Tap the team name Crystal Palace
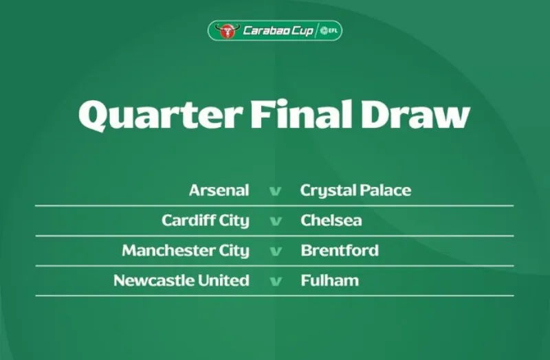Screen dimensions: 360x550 click(355, 190)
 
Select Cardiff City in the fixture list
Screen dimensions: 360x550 click(205, 221)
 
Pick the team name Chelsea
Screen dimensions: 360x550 click(331, 221)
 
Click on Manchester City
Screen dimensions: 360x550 click(185, 251)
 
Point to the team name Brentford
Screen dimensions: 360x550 click(339, 251)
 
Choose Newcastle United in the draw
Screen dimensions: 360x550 click(181, 280)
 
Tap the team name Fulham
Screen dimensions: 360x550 click(329, 280)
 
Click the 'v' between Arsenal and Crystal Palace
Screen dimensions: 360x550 click(275, 191)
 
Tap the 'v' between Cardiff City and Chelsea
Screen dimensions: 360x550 click(275, 221)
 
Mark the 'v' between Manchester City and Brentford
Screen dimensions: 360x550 click(275, 251)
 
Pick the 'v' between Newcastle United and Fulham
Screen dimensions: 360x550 click(275, 281)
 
